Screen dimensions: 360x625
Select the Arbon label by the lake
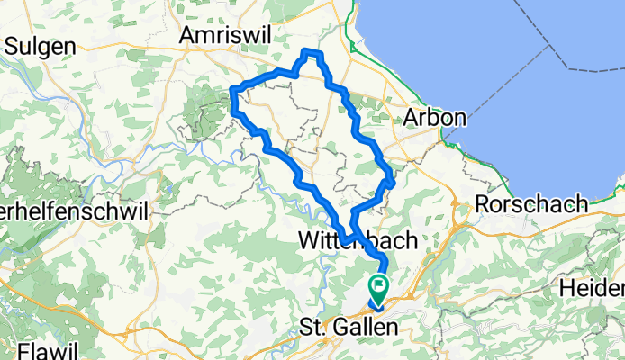coord(435,118)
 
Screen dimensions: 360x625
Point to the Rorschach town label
coord(531,204)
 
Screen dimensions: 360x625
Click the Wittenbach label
coord(358,240)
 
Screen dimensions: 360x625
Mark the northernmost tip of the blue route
coord(312,52)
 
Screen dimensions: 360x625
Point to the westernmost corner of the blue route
coord(234,88)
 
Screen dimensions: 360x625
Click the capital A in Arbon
coord(412,118)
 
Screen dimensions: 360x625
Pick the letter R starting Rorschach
coord(483,204)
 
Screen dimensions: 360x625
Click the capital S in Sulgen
coord(11,42)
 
